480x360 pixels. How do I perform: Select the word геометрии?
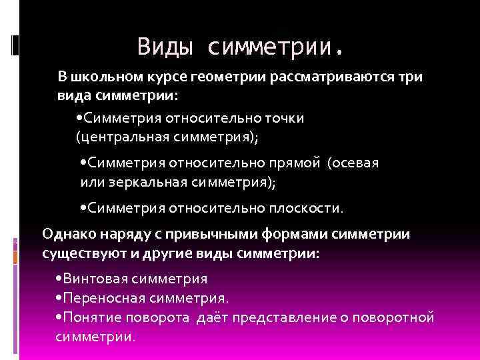tap(233, 77)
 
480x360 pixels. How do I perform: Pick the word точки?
tap(281, 119)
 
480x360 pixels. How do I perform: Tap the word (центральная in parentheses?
tap(118, 137)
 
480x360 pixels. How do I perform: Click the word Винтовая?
tap(98, 279)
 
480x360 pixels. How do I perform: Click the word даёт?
tap(212, 316)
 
